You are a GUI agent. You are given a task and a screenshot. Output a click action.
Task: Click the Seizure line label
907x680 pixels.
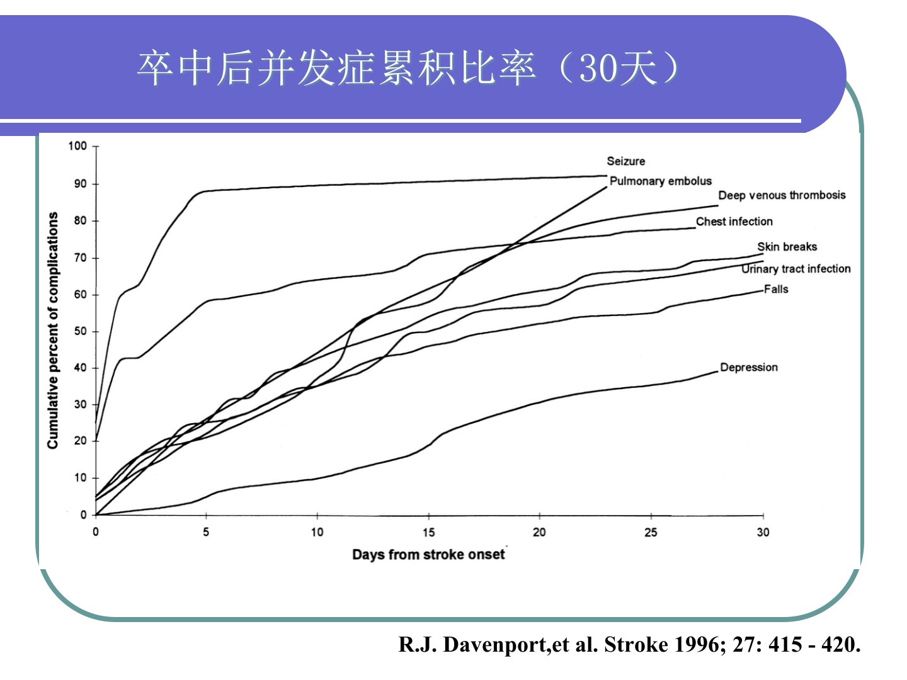click(625, 161)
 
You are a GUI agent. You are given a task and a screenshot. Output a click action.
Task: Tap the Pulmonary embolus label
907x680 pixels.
click(660, 181)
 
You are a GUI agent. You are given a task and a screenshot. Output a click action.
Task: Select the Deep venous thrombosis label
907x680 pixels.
click(782, 195)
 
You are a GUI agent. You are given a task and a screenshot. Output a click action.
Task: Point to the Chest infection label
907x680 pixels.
click(734, 222)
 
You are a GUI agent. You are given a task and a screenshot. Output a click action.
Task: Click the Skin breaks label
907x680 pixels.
click(787, 247)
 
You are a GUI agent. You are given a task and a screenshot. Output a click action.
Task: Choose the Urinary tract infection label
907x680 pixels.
click(796, 269)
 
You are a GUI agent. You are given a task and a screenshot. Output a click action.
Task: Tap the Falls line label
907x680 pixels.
click(775, 289)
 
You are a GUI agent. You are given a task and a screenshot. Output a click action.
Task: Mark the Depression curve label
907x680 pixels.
click(748, 367)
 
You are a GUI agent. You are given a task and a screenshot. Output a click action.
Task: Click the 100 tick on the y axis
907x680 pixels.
click(77, 146)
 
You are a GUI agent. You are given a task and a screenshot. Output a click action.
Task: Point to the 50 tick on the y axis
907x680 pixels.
click(80, 331)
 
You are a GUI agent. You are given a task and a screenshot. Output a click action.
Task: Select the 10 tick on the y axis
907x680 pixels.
click(80, 478)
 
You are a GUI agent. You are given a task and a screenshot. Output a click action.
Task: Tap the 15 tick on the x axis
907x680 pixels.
click(428, 533)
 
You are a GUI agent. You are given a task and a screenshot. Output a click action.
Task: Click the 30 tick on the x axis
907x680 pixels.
click(763, 533)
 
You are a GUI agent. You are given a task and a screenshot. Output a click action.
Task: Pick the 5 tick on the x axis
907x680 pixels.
click(206, 533)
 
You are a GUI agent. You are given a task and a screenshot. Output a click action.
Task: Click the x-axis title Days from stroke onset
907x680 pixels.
click(428, 555)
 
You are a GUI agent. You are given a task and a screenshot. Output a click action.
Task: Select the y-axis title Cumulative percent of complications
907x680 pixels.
click(53, 331)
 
